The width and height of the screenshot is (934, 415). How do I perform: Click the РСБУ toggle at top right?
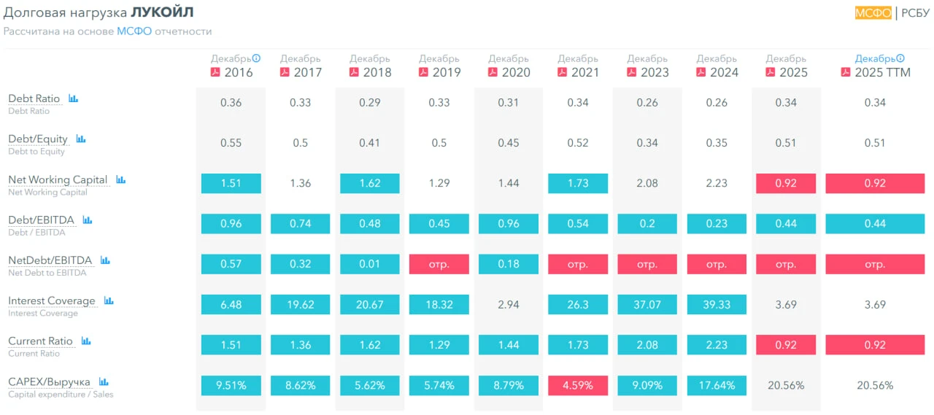[x=915, y=13]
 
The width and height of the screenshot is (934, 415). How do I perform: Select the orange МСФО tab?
[x=873, y=13]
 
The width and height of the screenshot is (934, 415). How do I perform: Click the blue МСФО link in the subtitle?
[x=134, y=31]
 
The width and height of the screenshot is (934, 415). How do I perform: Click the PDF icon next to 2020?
[x=493, y=72]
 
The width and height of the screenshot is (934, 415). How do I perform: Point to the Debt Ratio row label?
[x=34, y=98]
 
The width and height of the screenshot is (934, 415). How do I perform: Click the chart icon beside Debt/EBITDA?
[x=87, y=220]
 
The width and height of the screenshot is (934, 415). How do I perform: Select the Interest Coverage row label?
[x=52, y=300]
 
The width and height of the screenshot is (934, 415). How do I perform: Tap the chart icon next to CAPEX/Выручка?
[x=104, y=381]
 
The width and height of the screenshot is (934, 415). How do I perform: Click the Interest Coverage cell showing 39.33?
[x=717, y=305]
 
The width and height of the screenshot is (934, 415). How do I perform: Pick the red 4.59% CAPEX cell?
[x=577, y=385]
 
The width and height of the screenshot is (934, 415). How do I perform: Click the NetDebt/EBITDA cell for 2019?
[x=439, y=264]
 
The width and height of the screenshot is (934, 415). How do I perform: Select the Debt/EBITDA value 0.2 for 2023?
[x=647, y=224]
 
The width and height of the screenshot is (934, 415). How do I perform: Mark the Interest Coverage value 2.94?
[x=509, y=305]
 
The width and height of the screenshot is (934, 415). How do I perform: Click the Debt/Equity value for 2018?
[x=369, y=143]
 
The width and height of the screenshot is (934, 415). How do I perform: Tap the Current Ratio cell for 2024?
[x=717, y=345]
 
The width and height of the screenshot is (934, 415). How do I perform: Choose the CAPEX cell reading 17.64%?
[x=717, y=385]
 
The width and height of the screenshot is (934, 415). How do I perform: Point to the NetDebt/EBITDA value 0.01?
[x=369, y=264]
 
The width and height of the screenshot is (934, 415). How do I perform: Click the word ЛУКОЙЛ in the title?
[x=162, y=12]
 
